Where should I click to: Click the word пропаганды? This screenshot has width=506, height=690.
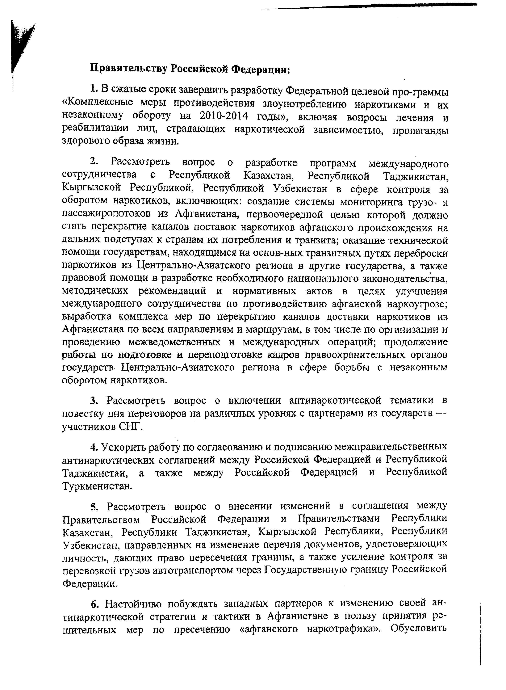pyautogui.click(x=420, y=130)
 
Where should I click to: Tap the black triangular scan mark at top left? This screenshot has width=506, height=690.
pyautogui.click(x=21, y=46)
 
